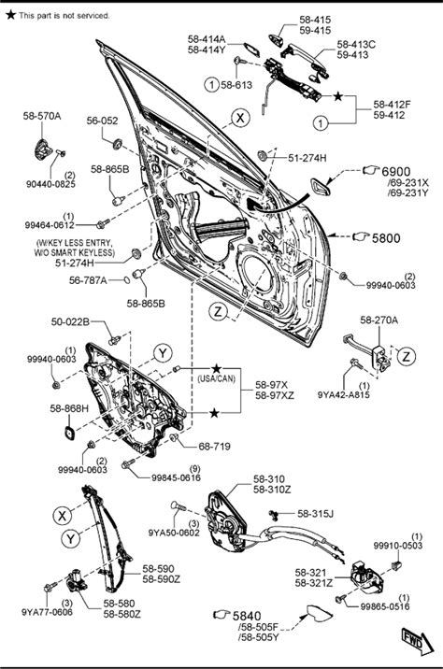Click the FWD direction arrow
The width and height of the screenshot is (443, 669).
[418, 641]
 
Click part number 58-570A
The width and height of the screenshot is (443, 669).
[42, 116]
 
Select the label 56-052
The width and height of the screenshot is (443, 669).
[102, 121]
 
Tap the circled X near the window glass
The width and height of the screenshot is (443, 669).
[240, 118]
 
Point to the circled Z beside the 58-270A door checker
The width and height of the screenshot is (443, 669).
[406, 356]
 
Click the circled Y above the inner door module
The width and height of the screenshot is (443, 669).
[163, 353]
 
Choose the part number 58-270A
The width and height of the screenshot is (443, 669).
[379, 320]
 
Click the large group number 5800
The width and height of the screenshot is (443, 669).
[386, 238]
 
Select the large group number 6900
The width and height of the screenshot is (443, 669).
[395, 172]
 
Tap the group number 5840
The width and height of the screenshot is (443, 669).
[247, 616]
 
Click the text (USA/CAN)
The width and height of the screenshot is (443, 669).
[217, 378]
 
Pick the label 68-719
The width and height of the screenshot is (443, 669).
[214, 447]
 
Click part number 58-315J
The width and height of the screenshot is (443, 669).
[315, 514]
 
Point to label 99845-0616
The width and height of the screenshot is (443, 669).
[176, 477]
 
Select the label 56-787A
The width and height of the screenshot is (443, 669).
[88, 280]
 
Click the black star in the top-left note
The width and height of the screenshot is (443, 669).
[10, 15]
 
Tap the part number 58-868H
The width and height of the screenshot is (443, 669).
[69, 408]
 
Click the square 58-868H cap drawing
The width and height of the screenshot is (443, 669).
[70, 433]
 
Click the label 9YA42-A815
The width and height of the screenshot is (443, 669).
[344, 394]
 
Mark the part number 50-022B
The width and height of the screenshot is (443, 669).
[70, 321]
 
